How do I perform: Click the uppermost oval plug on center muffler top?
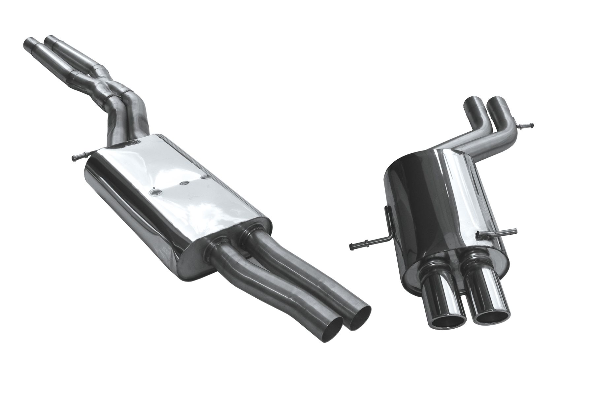[x=206, y=177]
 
